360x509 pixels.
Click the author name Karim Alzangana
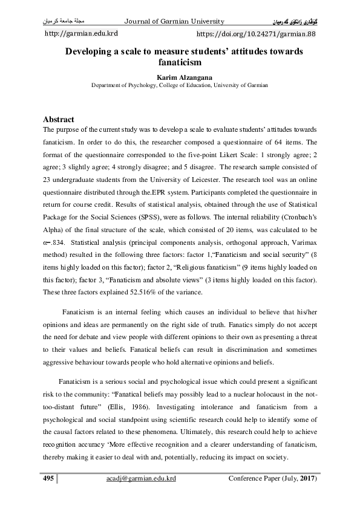tap(179, 77)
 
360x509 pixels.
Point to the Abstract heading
tap(59, 120)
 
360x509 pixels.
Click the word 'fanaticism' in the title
tap(179, 62)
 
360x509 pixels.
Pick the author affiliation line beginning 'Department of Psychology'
tap(179, 86)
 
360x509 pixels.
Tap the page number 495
tap(48, 479)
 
